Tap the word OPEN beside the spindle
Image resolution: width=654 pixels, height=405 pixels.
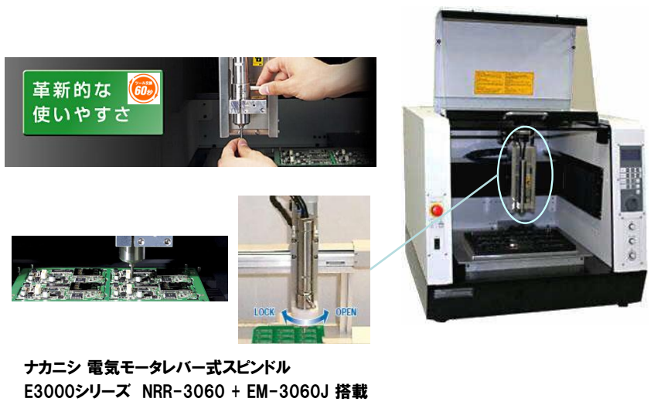click(x=346, y=311)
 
